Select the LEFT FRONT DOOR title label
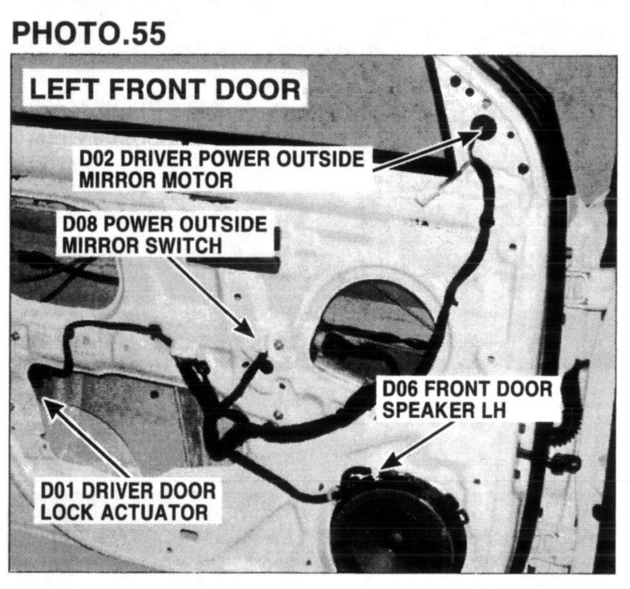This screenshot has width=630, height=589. pos(165,89)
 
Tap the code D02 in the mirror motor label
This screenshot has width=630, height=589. pos(96,159)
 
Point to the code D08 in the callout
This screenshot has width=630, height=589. pos(80,224)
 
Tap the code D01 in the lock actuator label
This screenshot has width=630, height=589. pos(59,491)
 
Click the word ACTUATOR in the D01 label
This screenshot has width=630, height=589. pos(156,512)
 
